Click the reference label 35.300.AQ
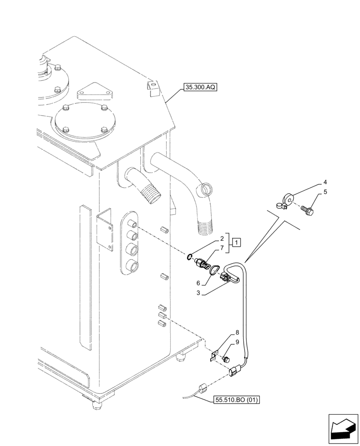[x=199, y=88]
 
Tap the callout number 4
[x=325, y=182]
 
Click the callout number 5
[x=325, y=192]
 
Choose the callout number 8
[x=237, y=332]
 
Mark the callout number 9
[x=237, y=343]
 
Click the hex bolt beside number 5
[x=307, y=208]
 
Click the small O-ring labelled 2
[x=190, y=256]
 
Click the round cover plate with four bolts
[x=85, y=120]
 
